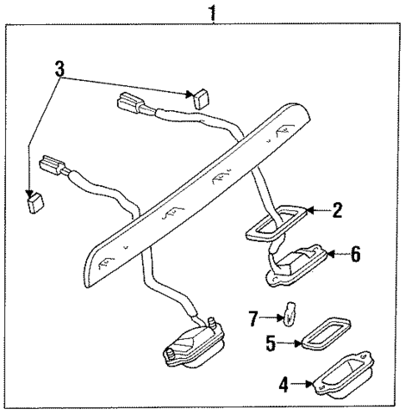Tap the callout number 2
(x=337, y=211)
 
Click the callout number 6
(x=354, y=255)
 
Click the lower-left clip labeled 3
(x=35, y=200)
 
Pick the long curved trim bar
(x=192, y=192)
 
